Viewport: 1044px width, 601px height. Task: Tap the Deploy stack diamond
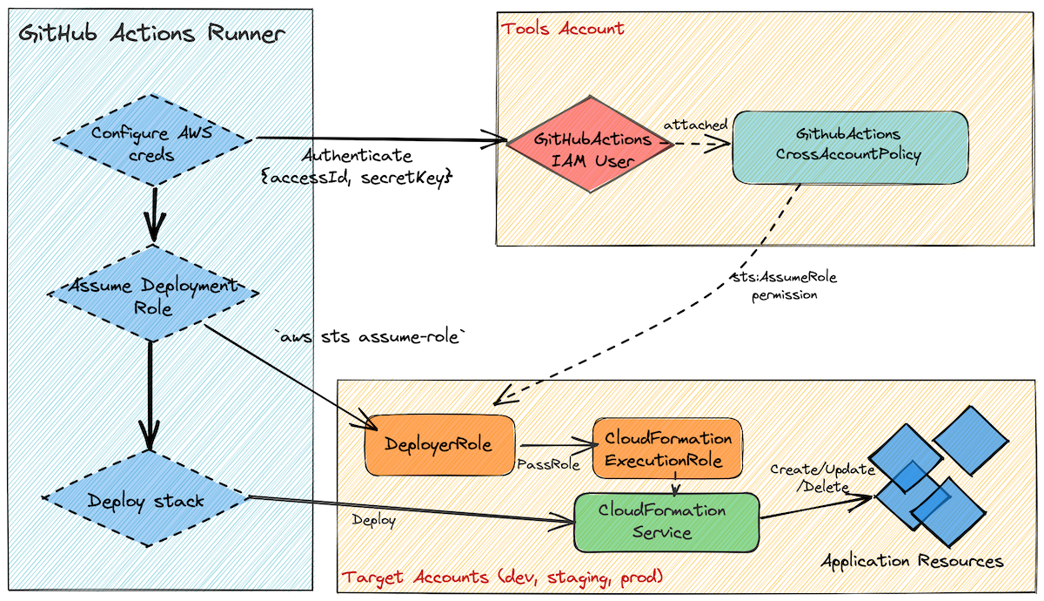[145, 500]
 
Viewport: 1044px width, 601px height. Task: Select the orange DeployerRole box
[439, 445]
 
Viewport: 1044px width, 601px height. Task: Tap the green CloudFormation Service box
[666, 521]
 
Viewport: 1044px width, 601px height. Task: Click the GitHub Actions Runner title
[152, 35]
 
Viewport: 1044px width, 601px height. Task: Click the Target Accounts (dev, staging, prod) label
[503, 577]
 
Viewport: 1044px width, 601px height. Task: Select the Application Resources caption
[912, 561]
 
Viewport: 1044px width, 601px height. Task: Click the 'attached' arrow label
[695, 125]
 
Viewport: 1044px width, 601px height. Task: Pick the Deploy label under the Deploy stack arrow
[373, 520]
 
